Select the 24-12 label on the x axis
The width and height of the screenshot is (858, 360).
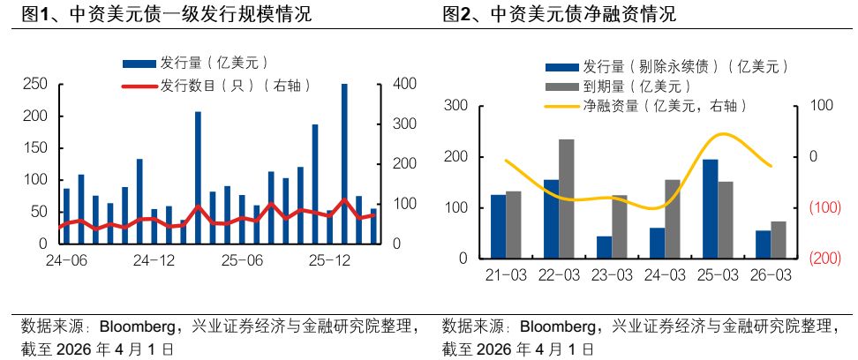pos(154,261)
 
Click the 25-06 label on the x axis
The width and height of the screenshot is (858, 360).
pos(242,261)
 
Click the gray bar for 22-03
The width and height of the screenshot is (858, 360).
pos(566,199)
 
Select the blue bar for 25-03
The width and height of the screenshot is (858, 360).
pos(710,209)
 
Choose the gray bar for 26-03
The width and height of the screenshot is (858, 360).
pos(778,240)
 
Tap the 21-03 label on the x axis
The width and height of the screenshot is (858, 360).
pos(506,275)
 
